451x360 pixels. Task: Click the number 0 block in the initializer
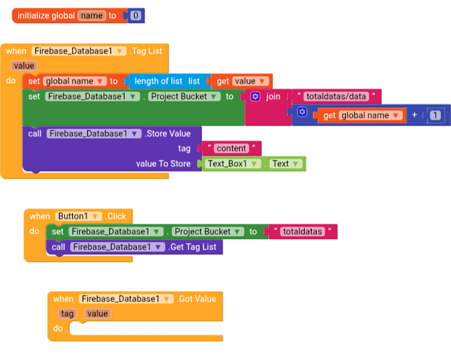click(136, 15)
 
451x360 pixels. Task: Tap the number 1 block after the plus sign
click(435, 115)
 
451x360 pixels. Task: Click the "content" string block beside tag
click(231, 148)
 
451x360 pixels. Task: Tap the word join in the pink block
click(274, 96)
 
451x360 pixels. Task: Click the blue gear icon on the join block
click(255, 96)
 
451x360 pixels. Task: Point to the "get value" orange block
click(242, 81)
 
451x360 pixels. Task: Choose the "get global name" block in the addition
click(360, 115)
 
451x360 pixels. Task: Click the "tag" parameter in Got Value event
click(68, 313)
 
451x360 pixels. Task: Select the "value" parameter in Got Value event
click(97, 313)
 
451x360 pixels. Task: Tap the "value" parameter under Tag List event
click(24, 66)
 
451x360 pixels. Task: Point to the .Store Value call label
click(168, 133)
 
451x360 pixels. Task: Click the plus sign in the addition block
click(415, 115)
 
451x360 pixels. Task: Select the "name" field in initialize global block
click(91, 15)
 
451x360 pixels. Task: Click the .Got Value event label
click(197, 299)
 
